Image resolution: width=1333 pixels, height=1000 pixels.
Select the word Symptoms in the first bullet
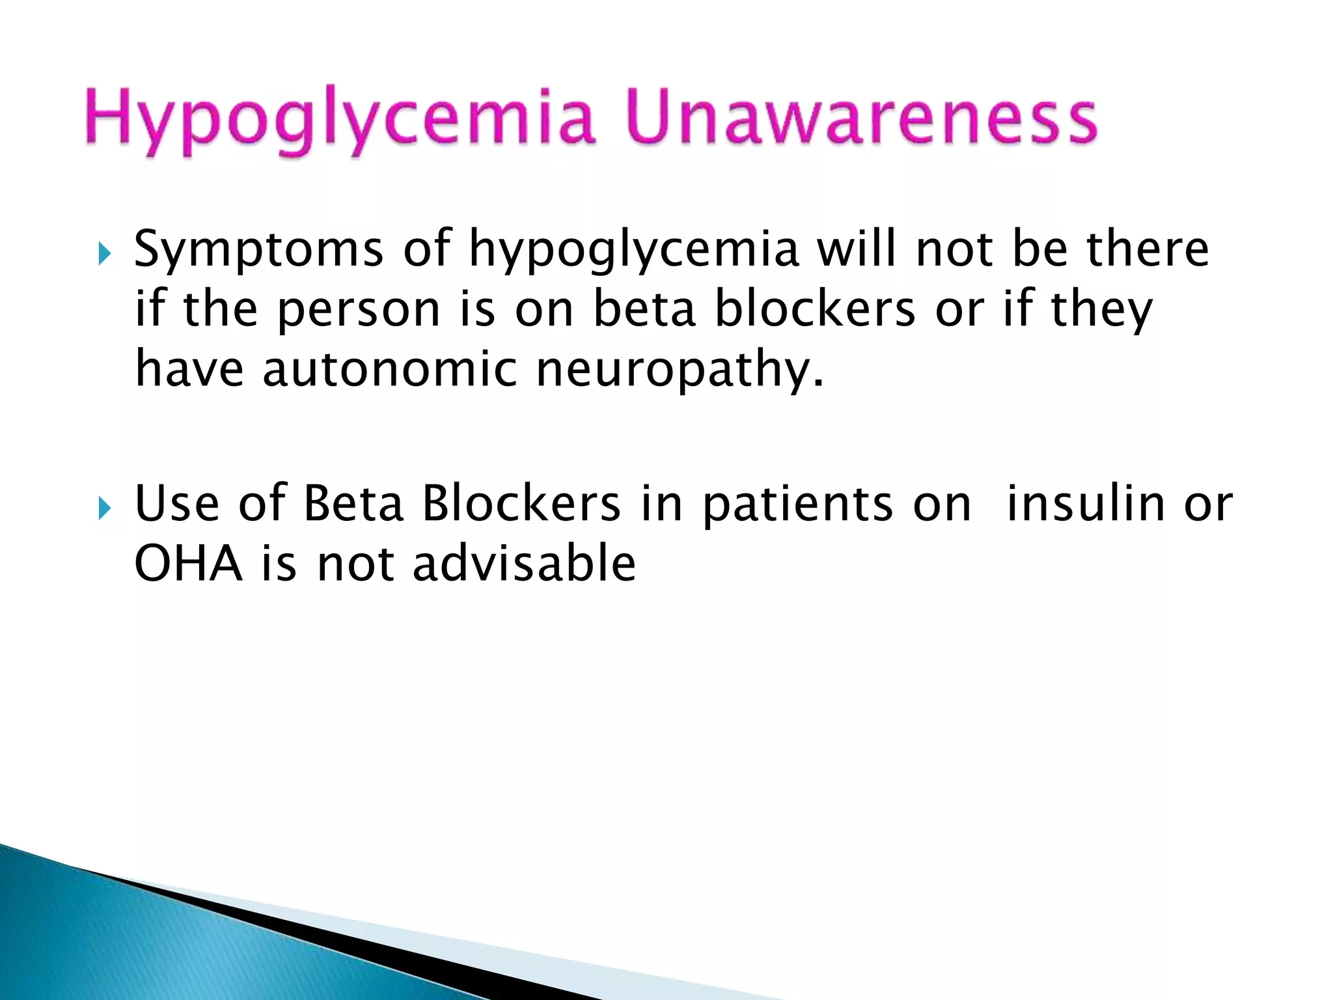[x=258, y=250]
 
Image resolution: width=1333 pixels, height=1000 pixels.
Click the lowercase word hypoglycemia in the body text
[x=634, y=250]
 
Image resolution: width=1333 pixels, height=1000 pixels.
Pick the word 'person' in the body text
[x=359, y=309]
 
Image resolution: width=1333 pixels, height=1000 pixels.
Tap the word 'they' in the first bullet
[x=1101, y=309]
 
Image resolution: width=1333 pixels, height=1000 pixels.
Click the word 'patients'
[x=799, y=505]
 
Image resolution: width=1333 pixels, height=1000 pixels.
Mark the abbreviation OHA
[x=189, y=563]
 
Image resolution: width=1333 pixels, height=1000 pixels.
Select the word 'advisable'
[x=524, y=563]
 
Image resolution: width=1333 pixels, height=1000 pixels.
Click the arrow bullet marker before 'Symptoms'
[x=105, y=254]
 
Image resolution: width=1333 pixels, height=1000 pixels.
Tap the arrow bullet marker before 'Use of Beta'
[x=105, y=508]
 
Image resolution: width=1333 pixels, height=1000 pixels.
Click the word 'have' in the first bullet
[x=189, y=368]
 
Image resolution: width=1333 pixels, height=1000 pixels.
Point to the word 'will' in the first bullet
[x=857, y=249]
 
